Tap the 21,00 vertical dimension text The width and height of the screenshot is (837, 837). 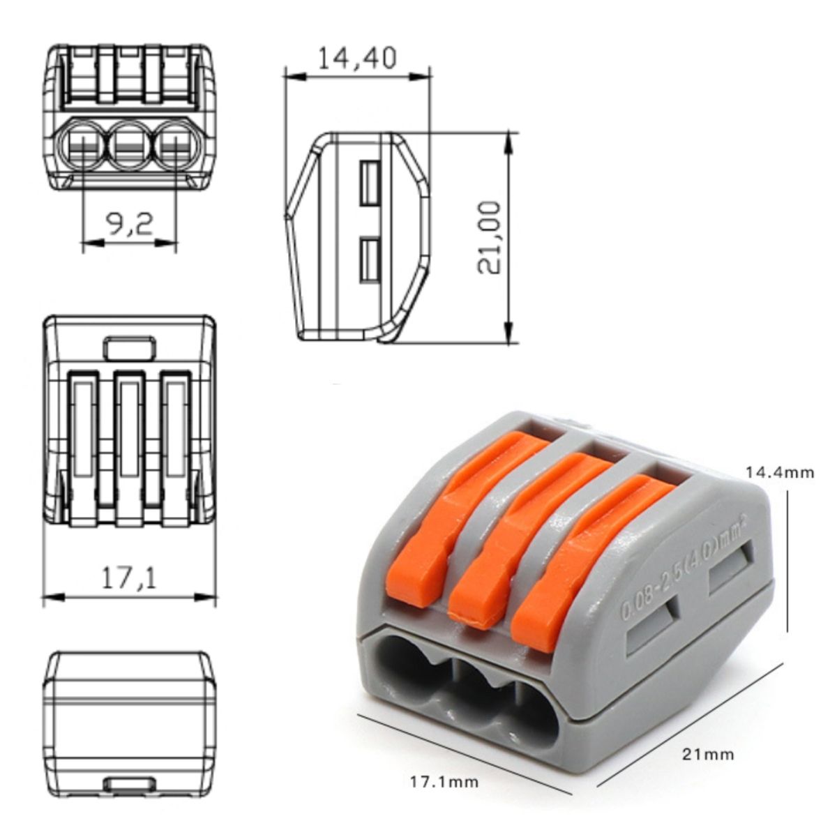(x=489, y=238)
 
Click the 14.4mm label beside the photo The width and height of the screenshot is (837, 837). (x=780, y=472)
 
